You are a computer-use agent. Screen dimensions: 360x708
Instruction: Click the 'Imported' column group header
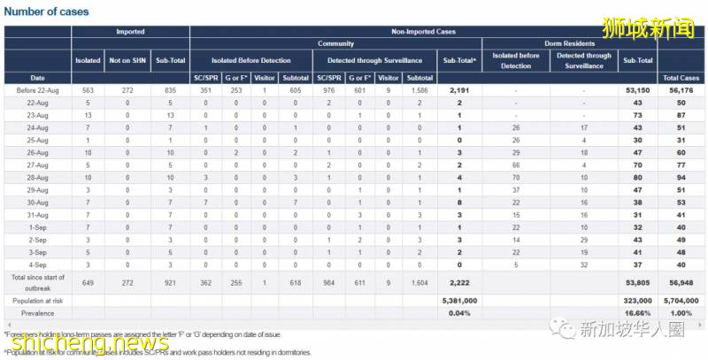coord(130,31)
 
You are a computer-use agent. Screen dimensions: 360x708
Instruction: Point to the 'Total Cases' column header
coord(682,78)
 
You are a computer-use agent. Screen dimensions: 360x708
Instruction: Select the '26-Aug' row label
coord(38,152)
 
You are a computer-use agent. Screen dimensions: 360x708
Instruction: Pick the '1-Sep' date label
coord(38,226)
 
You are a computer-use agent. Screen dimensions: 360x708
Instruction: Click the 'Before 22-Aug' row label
coord(38,90)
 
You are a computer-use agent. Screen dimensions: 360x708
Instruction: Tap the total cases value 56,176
coord(682,90)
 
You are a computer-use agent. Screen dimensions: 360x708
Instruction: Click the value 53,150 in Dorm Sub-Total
coord(637,90)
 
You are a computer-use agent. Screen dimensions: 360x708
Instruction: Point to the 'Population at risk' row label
coord(38,300)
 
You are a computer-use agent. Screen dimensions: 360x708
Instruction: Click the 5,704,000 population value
coord(682,300)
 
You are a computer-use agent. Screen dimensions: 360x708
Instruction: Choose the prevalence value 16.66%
coord(637,312)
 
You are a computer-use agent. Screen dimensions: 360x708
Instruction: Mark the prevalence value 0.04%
coord(458,312)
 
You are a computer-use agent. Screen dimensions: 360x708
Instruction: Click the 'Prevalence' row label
coord(38,312)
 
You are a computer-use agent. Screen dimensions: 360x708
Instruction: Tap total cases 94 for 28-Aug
coord(682,177)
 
